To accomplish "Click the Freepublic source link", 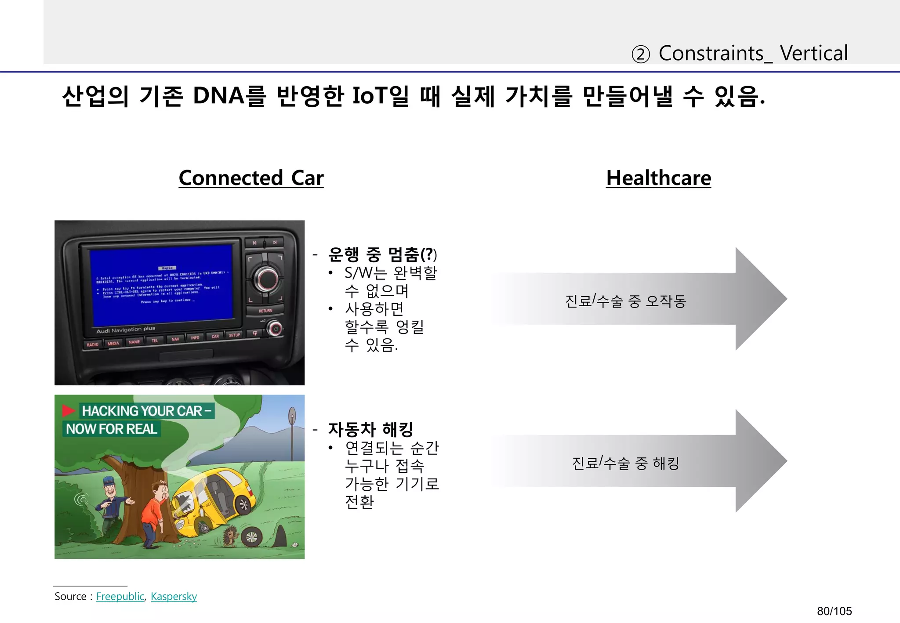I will [120, 596].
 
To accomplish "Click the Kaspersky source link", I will [174, 596].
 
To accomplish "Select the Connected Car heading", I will [251, 178].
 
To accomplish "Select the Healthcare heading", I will [658, 178].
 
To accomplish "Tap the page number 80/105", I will [834, 611].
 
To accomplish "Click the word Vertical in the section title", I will [813, 54].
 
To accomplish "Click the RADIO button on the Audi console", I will [93, 344].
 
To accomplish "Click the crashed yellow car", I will [215, 496].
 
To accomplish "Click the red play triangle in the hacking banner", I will [69, 411].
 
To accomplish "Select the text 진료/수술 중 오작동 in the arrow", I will [625, 301].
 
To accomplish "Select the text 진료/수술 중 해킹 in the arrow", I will [625, 463].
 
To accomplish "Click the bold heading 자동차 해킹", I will [370, 429].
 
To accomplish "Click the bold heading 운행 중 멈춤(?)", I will [382, 254].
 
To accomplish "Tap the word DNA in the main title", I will [218, 96].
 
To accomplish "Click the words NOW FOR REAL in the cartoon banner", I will [111, 429].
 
